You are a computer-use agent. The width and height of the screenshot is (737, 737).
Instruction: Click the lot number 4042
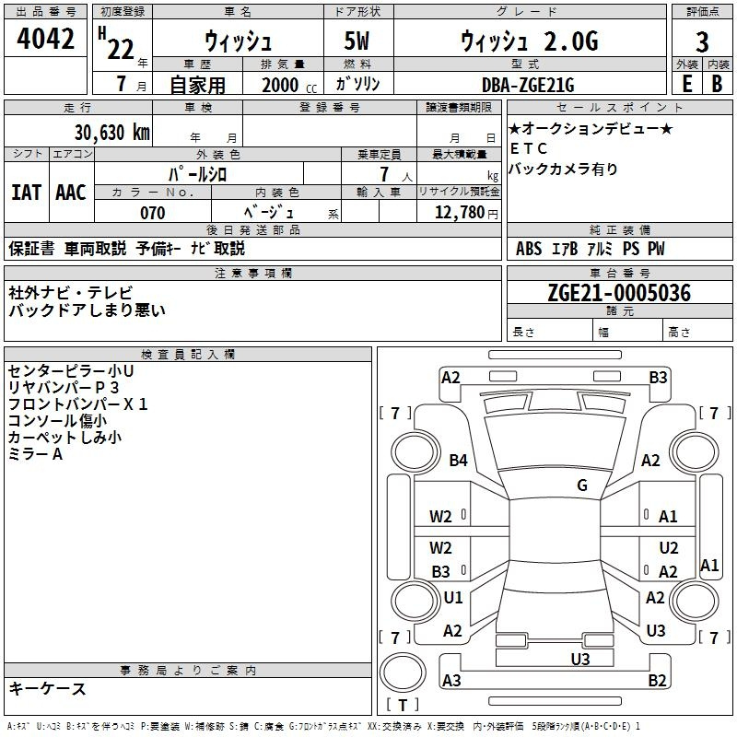pyautogui.click(x=45, y=39)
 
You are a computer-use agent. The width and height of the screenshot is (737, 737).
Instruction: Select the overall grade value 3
pyautogui.click(x=702, y=42)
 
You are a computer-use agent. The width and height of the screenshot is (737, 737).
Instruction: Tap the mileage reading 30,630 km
pyautogui.click(x=111, y=133)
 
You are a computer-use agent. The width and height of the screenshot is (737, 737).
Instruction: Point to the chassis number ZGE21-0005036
pyautogui.click(x=619, y=293)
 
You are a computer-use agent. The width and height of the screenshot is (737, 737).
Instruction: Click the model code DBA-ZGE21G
pyautogui.click(x=528, y=85)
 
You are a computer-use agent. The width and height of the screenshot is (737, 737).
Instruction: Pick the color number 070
pyautogui.click(x=153, y=213)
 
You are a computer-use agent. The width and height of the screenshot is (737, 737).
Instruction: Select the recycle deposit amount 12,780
pyautogui.click(x=460, y=213)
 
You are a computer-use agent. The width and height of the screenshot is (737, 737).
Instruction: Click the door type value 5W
pyautogui.click(x=357, y=41)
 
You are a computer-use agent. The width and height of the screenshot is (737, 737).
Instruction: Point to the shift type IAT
pyautogui.click(x=26, y=193)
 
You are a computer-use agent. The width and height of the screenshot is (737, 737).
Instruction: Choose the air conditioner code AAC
pyautogui.click(x=71, y=193)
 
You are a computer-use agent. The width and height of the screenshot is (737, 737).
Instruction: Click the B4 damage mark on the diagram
pyautogui.click(x=458, y=460)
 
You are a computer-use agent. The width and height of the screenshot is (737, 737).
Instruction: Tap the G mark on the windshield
pyautogui.click(x=582, y=485)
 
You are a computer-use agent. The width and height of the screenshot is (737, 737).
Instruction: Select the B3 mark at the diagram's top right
pyautogui.click(x=658, y=378)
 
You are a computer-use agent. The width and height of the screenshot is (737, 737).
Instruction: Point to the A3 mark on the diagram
pyautogui.click(x=451, y=680)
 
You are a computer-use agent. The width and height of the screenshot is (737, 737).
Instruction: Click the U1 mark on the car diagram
pyautogui.click(x=453, y=597)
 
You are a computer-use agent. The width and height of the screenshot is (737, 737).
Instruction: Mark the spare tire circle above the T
pyautogui.click(x=403, y=673)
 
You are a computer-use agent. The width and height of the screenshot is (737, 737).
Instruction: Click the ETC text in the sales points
pyautogui.click(x=528, y=148)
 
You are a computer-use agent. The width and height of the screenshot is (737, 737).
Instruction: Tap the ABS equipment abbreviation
pyautogui.click(x=529, y=249)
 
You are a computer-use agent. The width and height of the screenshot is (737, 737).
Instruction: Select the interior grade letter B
pyautogui.click(x=717, y=84)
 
